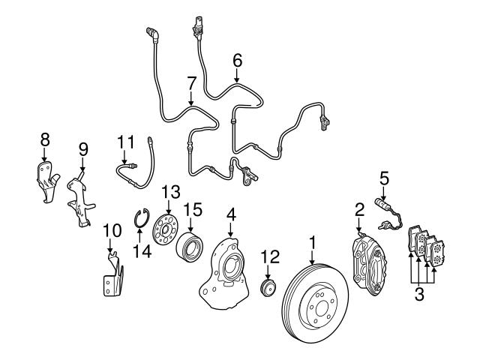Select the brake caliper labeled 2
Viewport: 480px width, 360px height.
point(371,258)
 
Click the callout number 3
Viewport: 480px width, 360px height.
point(419,293)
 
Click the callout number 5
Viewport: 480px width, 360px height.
point(384,178)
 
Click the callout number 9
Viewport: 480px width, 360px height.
point(82,148)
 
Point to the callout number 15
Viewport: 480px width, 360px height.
point(193,207)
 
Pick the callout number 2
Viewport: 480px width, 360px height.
point(360,208)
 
